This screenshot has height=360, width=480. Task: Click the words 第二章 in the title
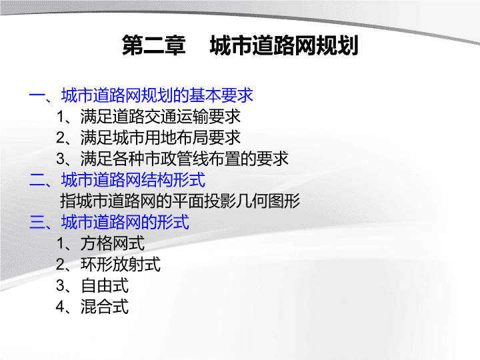pyautogui.click(x=154, y=45)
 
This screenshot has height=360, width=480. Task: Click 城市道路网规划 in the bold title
pyautogui.click(x=284, y=45)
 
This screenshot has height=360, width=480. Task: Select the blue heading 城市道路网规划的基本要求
pyautogui.click(x=157, y=95)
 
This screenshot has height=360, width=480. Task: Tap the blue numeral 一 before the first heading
pyautogui.click(x=37, y=95)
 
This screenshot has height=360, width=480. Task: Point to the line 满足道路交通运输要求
pyautogui.click(x=161, y=117)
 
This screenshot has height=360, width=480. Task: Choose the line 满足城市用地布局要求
pyautogui.click(x=161, y=138)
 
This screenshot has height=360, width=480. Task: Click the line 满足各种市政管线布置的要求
pyautogui.click(x=184, y=159)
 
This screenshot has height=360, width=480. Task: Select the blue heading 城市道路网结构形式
pyautogui.click(x=133, y=180)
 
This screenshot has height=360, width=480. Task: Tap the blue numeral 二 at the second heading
pyautogui.click(x=37, y=180)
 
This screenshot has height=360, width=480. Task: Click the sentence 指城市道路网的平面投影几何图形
pyautogui.click(x=180, y=201)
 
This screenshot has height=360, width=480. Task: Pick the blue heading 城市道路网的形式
pyautogui.click(x=125, y=222)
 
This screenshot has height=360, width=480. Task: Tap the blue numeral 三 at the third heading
pyautogui.click(x=37, y=222)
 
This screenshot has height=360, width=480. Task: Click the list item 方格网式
pyautogui.click(x=113, y=243)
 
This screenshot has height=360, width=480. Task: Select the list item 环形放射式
pyautogui.click(x=120, y=265)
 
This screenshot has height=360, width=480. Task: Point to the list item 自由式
pyautogui.click(x=105, y=285)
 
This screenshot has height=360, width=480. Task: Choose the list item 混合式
pyautogui.click(x=105, y=307)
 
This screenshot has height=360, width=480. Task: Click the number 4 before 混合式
pyautogui.click(x=60, y=307)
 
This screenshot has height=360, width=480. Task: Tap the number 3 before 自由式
pyautogui.click(x=60, y=285)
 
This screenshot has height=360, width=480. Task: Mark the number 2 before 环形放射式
pyautogui.click(x=60, y=265)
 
